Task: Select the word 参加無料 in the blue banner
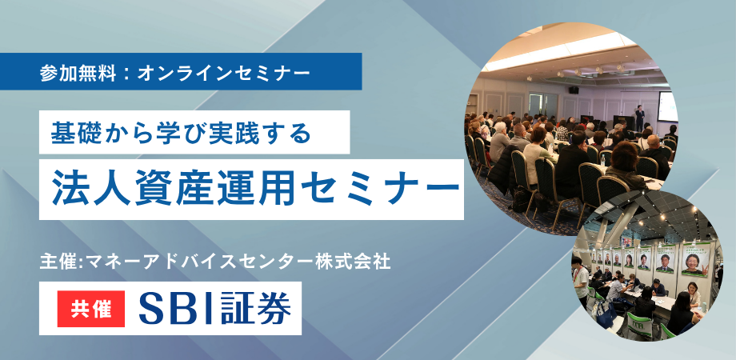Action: (x=75, y=72)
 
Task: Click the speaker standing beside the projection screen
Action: (x=639, y=116)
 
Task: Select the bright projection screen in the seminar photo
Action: (x=666, y=106)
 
